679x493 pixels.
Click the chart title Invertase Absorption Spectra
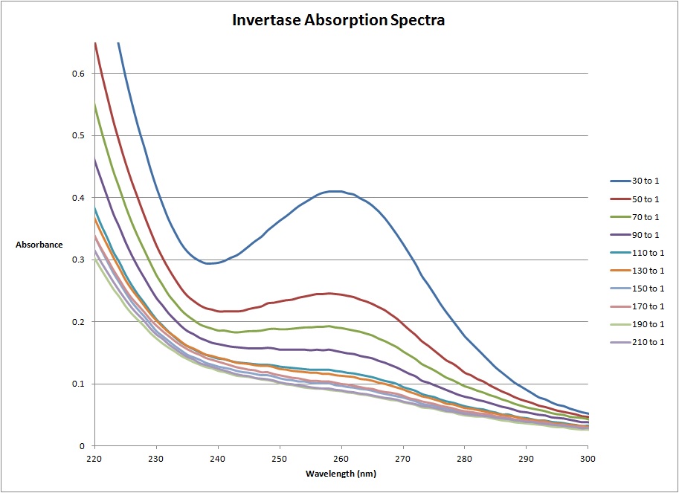tap(338, 20)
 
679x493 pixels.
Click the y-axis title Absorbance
tap(39, 244)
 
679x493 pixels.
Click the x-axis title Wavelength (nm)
tap(340, 474)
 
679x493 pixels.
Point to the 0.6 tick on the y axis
tap(77, 73)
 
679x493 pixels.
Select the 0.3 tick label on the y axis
tap(77, 260)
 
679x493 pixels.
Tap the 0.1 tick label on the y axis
tap(77, 384)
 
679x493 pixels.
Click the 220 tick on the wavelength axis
tap(94, 459)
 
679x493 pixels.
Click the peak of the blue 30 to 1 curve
tap(337, 191)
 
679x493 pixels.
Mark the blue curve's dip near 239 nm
tap(210, 263)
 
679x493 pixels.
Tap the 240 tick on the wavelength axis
tap(218, 459)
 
